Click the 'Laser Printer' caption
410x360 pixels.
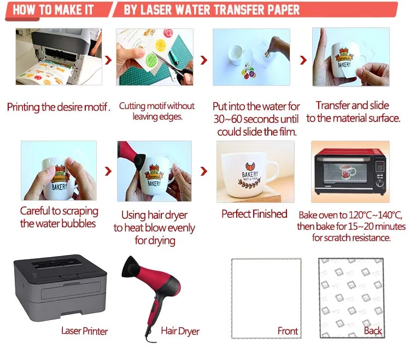point(84,331)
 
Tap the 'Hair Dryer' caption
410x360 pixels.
point(180,331)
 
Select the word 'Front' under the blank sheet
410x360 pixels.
point(288,331)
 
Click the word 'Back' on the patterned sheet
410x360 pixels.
point(373,331)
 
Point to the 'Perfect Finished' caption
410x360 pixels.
point(254,214)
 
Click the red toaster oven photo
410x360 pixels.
point(350,171)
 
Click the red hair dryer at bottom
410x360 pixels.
point(154,290)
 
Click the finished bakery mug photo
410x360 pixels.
point(255,171)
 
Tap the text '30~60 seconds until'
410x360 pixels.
point(257,119)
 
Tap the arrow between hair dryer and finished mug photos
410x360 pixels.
point(204,172)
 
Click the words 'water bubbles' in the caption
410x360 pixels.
point(58,223)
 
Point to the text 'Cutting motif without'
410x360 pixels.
point(156,106)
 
